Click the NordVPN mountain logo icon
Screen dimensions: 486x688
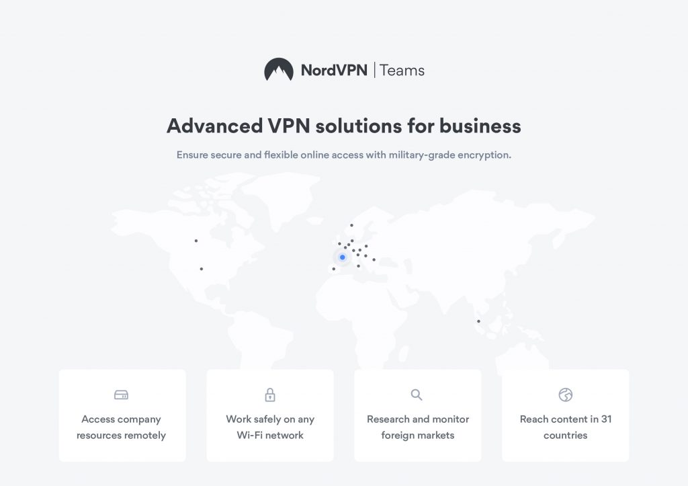pyautogui.click(x=278, y=69)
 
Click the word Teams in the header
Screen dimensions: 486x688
pyautogui.click(x=402, y=70)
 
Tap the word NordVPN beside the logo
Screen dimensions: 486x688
pyautogui.click(x=334, y=70)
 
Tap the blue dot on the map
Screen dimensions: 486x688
pyautogui.click(x=342, y=257)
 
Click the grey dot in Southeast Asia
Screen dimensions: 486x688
pyautogui.click(x=478, y=321)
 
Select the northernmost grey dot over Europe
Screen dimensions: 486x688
pyautogui.click(x=351, y=225)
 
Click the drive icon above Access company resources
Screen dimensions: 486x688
pyautogui.click(x=122, y=395)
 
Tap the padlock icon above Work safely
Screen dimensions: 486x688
pyautogui.click(x=270, y=395)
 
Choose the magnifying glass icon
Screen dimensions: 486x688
pyautogui.click(x=417, y=394)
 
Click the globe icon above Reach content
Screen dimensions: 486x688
pyautogui.click(x=566, y=395)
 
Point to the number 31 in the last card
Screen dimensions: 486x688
pyautogui.click(x=605, y=419)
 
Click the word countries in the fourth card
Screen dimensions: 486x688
pyautogui.click(x=566, y=435)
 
